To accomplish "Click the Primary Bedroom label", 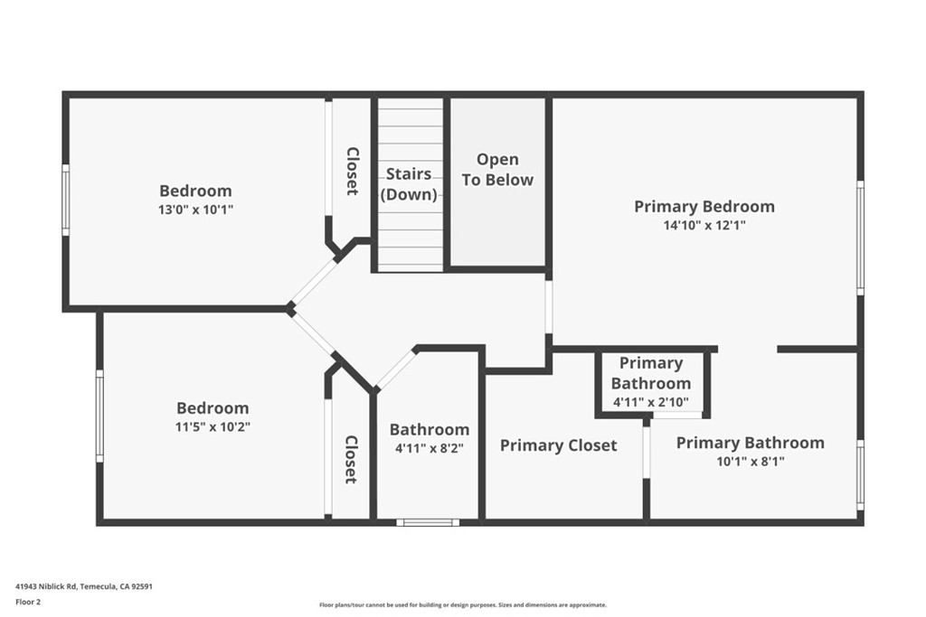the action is pyautogui.click(x=704, y=207).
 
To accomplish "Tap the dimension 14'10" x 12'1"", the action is pyautogui.click(x=704, y=225).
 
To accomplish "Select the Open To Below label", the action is pyautogui.click(x=497, y=169).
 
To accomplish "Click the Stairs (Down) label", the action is pyautogui.click(x=409, y=184).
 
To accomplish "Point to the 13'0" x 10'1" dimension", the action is pyautogui.click(x=195, y=210).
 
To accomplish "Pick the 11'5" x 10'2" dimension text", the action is pyautogui.click(x=213, y=426).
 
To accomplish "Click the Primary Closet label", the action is pyautogui.click(x=558, y=445).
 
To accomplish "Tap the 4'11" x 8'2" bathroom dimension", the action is pyautogui.click(x=430, y=448).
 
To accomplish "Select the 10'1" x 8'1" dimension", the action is pyautogui.click(x=751, y=462).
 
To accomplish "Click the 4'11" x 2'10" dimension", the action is pyautogui.click(x=651, y=403).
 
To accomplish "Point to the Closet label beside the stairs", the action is pyautogui.click(x=352, y=171).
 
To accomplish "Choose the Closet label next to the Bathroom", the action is pyautogui.click(x=351, y=460).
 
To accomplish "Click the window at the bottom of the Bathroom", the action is pyautogui.click(x=428, y=522).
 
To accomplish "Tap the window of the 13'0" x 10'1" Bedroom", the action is pyautogui.click(x=65, y=200).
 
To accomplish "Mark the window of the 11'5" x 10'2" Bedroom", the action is pyautogui.click(x=99, y=416).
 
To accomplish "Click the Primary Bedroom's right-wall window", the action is pyautogui.click(x=861, y=238).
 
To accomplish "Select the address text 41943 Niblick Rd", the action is pyautogui.click(x=47, y=586).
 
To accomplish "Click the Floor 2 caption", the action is pyautogui.click(x=28, y=603).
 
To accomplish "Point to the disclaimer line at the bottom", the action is pyautogui.click(x=462, y=604).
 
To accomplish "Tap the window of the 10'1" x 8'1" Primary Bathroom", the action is pyautogui.click(x=861, y=475).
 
